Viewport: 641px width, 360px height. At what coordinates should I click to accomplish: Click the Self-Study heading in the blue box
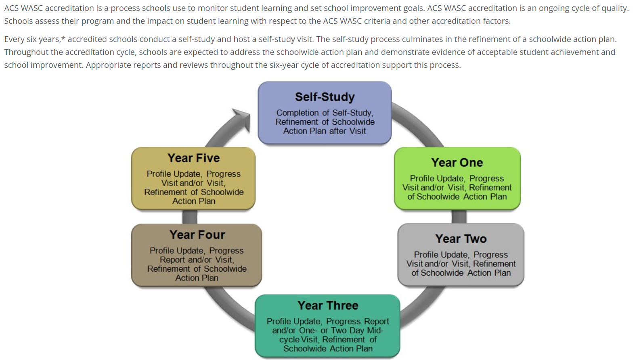tap(325, 97)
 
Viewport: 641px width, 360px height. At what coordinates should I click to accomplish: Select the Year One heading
tap(457, 163)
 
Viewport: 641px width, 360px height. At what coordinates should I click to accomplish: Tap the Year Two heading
tap(461, 239)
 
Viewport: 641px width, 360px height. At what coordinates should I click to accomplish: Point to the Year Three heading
tap(328, 306)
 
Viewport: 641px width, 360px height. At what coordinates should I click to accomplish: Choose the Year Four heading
tap(197, 234)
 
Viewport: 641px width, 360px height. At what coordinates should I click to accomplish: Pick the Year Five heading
tap(193, 158)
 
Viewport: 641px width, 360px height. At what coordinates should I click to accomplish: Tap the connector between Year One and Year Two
tap(459, 217)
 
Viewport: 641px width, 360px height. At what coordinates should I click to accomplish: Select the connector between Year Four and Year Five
tap(189, 217)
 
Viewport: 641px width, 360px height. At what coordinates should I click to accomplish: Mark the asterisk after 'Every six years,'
tap(63, 38)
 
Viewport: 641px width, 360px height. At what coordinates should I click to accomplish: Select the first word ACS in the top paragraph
tap(11, 8)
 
